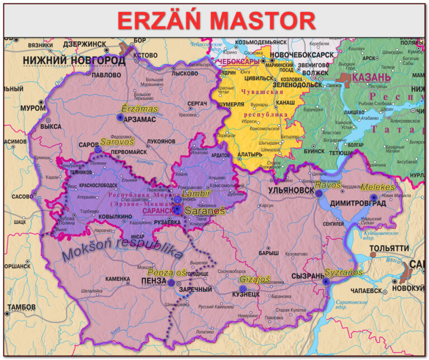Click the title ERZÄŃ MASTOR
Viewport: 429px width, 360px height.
pyautogui.click(x=216, y=21)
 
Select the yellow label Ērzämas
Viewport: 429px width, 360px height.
pyautogui.click(x=140, y=108)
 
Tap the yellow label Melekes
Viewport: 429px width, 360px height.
pyautogui.click(x=378, y=187)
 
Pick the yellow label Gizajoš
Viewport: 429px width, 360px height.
pyautogui.click(x=255, y=279)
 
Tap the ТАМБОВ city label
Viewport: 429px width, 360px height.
pyautogui.click(x=21, y=308)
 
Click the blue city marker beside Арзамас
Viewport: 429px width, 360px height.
pyautogui.click(x=120, y=118)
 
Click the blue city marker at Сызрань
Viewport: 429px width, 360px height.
pyautogui.click(x=326, y=282)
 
